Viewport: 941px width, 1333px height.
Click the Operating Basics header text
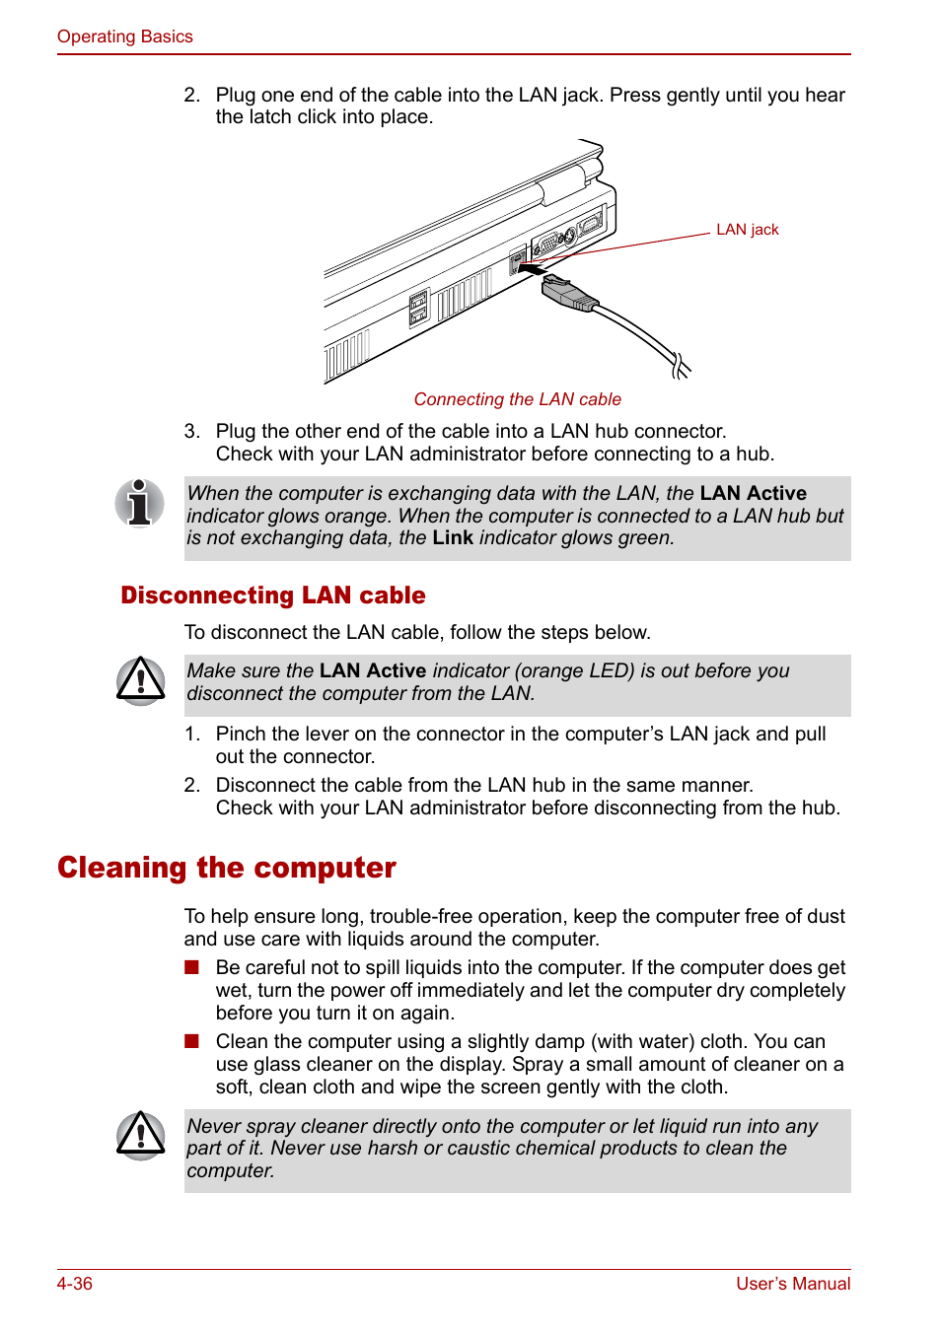[x=124, y=36]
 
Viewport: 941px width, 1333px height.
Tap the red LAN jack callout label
[x=747, y=230]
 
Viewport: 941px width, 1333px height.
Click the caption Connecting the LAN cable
[x=517, y=399]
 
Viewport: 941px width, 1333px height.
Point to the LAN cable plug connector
[x=568, y=293]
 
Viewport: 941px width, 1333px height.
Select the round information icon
[x=139, y=503]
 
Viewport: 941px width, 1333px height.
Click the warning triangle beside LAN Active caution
[x=140, y=680]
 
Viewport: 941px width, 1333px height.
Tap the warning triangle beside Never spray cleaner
[x=140, y=1135]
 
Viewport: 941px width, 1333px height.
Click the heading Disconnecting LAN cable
[x=273, y=596]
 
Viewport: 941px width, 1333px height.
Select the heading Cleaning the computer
[x=227, y=868]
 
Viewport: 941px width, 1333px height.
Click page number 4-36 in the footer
[x=75, y=1284]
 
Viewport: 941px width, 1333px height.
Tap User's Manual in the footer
[x=793, y=1284]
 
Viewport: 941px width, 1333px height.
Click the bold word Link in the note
[x=453, y=538]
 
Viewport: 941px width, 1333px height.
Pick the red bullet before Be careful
[x=191, y=967]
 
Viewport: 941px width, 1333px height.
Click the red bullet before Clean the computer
[x=191, y=1041]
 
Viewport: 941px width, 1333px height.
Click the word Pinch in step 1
[x=241, y=734]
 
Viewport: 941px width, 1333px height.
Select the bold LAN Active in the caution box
[x=372, y=670]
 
